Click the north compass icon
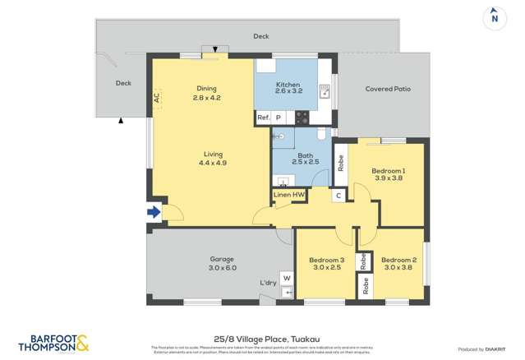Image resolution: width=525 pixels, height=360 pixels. [494, 16]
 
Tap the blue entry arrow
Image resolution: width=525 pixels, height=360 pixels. [154, 212]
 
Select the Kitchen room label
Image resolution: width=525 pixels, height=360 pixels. [288, 90]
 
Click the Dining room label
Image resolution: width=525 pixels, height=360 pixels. [206, 93]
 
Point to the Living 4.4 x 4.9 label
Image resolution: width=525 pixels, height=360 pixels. [212, 159]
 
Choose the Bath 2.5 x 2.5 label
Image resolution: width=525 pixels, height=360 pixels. [305, 159]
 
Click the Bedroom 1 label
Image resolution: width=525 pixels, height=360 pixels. [389, 173]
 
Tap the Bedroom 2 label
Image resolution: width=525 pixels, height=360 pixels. [398, 264]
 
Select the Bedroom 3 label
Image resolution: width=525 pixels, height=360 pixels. [326, 264]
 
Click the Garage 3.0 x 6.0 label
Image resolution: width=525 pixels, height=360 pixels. [222, 263]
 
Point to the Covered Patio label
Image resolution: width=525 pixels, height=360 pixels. [387, 89]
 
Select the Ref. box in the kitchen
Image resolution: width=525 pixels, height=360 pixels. [264, 118]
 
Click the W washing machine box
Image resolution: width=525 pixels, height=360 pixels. [287, 278]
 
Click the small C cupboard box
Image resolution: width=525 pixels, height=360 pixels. [338, 196]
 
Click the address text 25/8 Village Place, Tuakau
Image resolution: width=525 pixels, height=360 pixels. [262, 337]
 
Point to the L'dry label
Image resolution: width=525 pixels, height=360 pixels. [268, 284]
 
